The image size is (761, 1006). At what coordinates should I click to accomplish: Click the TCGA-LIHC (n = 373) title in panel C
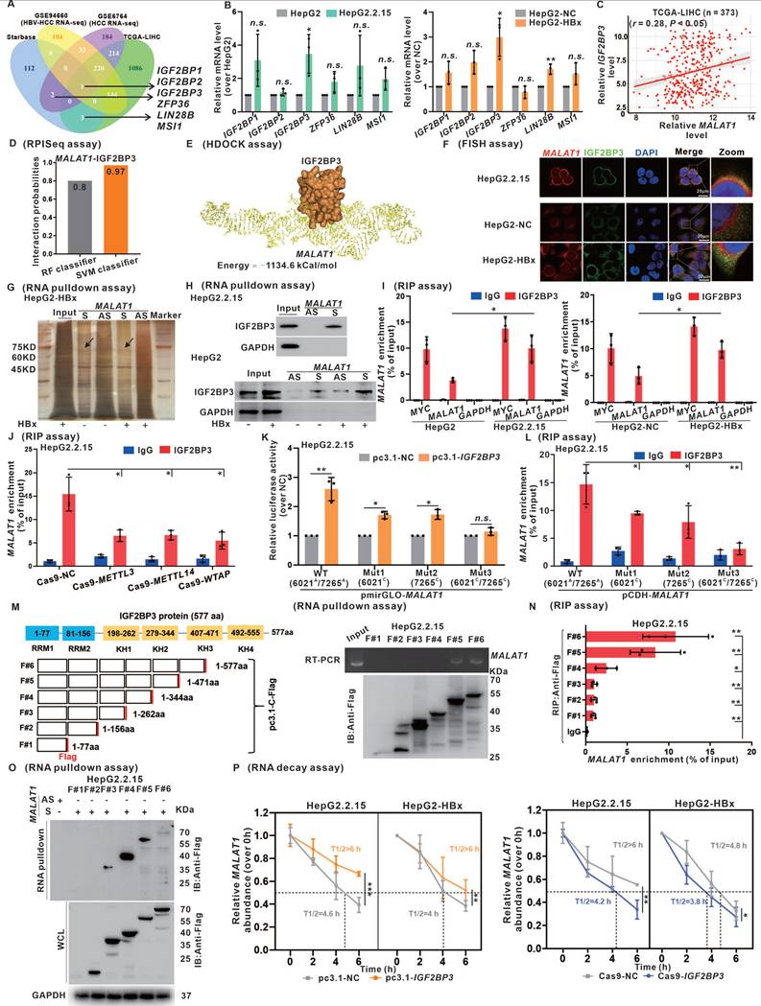(694, 21)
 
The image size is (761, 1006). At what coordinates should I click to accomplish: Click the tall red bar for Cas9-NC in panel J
(68, 525)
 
